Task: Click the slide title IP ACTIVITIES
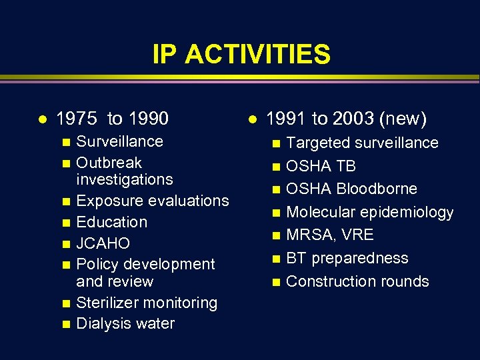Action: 241,54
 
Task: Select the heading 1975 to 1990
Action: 112,119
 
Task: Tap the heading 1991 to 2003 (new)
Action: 346,119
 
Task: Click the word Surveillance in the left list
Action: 119,141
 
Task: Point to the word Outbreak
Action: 109,163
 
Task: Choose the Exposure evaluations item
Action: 153,201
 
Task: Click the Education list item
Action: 111,222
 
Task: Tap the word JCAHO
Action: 103,243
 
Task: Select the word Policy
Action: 97,264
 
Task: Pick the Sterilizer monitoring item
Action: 147,303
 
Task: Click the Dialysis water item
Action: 125,324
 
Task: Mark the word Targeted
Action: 316,143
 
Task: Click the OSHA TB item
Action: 321,166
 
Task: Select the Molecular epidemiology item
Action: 369,213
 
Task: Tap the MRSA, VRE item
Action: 329,235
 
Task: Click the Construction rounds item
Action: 357,281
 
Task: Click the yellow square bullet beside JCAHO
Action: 65,244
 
